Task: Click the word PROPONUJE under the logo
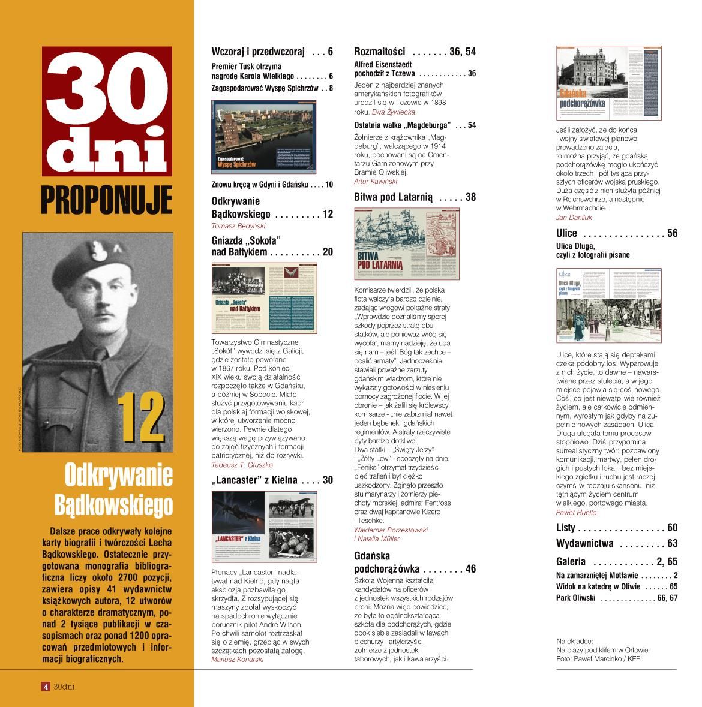click(107, 200)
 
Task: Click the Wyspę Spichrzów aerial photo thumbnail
click(264, 135)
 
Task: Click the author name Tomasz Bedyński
click(238, 226)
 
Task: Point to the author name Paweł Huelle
click(576, 513)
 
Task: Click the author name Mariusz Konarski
click(238, 659)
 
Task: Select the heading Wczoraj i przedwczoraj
click(259, 52)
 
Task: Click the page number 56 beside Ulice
click(671, 233)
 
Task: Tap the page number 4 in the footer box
click(45, 687)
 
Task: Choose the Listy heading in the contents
click(565, 528)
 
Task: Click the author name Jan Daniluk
click(574, 218)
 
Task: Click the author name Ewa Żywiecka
click(393, 112)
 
